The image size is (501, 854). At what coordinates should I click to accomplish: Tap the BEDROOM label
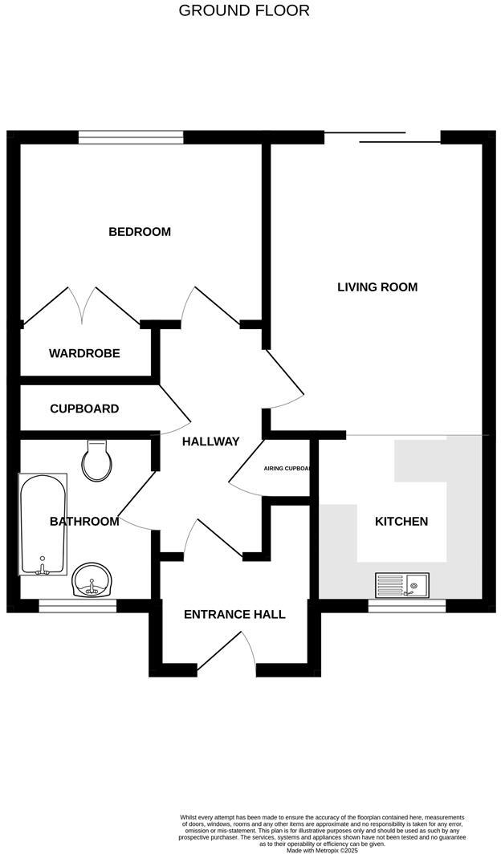point(140,232)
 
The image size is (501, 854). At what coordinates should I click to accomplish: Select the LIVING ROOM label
point(377,287)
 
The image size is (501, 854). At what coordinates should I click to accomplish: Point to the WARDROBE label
point(84,353)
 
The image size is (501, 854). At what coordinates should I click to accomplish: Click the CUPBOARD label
point(84,409)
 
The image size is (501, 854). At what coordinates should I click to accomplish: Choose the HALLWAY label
point(210,441)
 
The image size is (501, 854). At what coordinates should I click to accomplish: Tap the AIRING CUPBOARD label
point(287,468)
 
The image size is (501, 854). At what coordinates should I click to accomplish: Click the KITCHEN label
point(401,522)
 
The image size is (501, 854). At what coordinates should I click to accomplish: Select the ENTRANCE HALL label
point(234,615)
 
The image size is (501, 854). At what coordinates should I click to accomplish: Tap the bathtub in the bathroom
point(43,525)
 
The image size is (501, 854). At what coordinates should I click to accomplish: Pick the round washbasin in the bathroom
point(94,580)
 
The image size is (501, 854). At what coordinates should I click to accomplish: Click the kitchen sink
point(402,586)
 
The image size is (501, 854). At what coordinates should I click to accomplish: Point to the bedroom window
point(131,137)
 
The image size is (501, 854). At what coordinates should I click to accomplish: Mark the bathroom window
point(78,606)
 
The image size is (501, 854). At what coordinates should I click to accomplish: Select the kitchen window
point(406,606)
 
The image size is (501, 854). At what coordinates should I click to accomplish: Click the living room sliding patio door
point(382,137)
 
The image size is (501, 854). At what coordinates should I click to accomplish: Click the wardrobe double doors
point(83,305)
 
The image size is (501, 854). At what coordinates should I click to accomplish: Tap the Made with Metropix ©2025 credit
point(321,850)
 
